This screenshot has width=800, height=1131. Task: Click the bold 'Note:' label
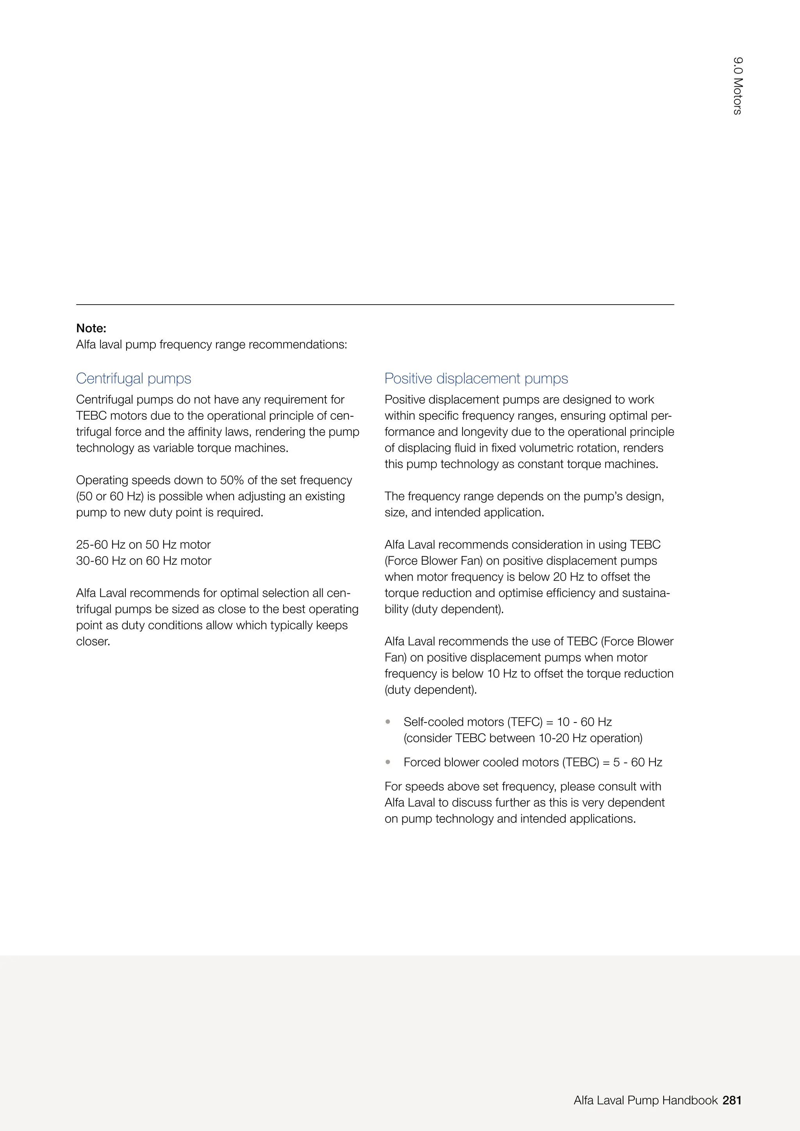[91, 328]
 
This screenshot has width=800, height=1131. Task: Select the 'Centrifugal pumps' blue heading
[134, 378]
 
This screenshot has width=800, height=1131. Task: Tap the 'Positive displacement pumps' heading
[476, 378]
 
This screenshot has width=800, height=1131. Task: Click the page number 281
[732, 1100]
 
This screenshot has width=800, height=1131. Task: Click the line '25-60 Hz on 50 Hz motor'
[143, 544]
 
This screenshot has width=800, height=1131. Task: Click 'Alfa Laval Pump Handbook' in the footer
[645, 1100]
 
